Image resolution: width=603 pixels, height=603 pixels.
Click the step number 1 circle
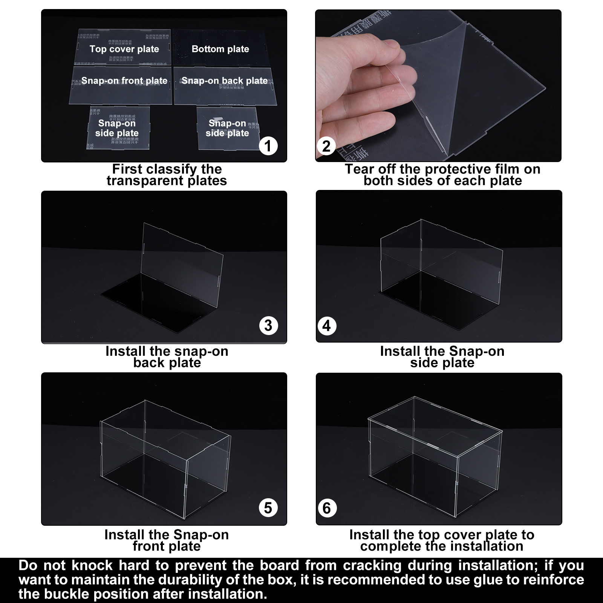(268, 145)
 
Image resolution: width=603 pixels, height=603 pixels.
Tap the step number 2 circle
(326, 145)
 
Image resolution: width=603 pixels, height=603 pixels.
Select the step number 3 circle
(268, 325)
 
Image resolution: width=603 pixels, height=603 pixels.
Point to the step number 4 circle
(327, 326)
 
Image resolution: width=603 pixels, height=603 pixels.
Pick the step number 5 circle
(268, 508)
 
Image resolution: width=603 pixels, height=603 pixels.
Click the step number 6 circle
(327, 508)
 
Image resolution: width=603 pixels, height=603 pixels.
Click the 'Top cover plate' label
(124, 49)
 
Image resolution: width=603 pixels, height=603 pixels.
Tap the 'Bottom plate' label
(220, 49)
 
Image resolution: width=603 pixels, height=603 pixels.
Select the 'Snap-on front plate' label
(124, 81)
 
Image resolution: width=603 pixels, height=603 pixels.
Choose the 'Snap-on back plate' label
(225, 81)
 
